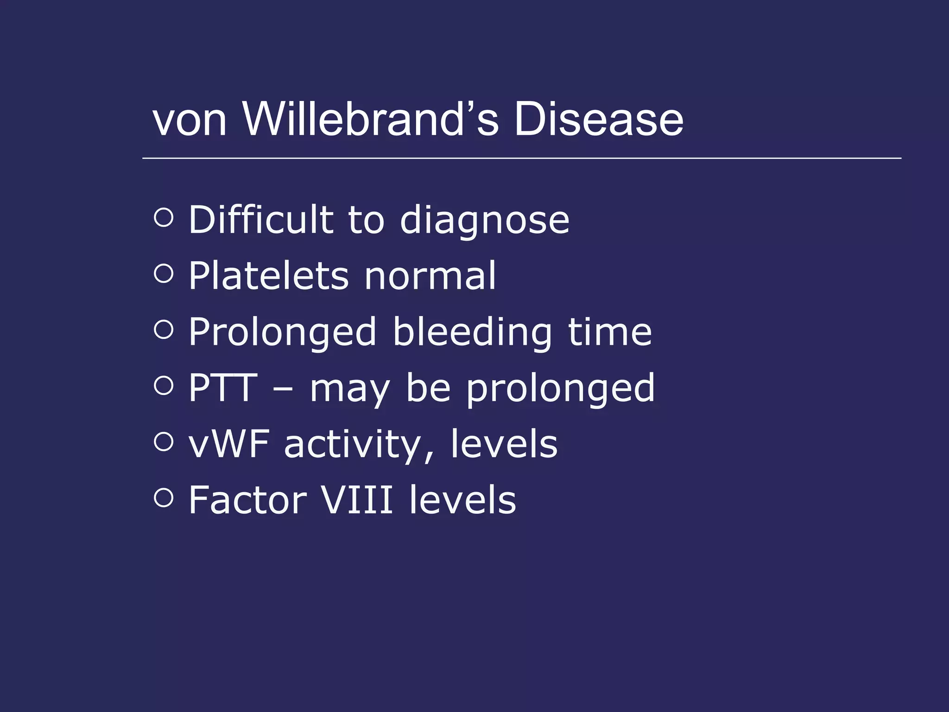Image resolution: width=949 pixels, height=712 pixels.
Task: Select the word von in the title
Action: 190,121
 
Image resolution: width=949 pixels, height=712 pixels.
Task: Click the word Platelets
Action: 268,276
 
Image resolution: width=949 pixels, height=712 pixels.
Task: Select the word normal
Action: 430,276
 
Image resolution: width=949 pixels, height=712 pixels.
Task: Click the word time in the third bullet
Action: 610,332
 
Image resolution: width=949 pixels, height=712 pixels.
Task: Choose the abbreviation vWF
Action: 229,444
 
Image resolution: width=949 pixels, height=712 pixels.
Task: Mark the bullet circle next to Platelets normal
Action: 164,273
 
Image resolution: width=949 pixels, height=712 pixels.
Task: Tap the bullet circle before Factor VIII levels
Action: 164,498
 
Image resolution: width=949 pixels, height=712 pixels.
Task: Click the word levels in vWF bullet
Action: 504,444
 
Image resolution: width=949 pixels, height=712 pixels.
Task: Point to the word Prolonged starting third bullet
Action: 282,333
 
